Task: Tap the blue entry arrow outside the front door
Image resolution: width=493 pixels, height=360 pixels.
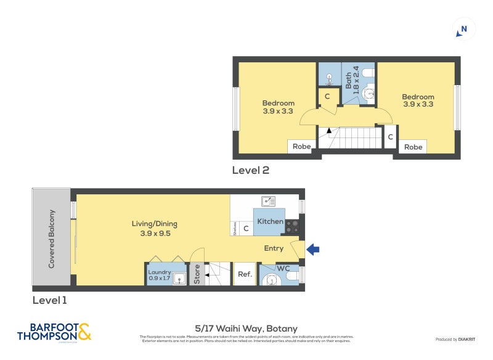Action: pos(313,249)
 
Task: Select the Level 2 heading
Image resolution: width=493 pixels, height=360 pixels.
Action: pos(250,170)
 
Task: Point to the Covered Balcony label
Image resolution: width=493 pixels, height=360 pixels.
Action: pos(52,239)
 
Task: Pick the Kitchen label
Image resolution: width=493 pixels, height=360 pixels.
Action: pos(270,222)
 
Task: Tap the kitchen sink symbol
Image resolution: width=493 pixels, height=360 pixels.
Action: pos(268,201)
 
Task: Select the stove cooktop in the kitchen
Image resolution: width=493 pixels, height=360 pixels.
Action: pos(291,226)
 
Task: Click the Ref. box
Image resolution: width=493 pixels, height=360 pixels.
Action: pos(245,274)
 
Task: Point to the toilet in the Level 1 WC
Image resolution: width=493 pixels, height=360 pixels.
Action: pos(271,281)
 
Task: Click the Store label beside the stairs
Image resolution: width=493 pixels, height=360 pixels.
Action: pos(197,274)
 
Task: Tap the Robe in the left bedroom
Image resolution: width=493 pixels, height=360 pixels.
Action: pos(301,147)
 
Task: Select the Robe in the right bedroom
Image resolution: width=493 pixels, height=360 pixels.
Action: pos(413,147)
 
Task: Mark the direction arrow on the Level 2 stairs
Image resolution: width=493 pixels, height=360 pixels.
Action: pos(329,131)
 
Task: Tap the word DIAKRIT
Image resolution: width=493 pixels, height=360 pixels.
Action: pos(467,340)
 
